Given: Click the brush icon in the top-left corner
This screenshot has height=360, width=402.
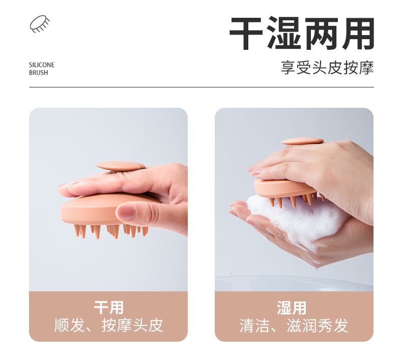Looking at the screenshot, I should click(40, 24).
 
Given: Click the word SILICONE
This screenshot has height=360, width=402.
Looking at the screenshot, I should click(41, 65).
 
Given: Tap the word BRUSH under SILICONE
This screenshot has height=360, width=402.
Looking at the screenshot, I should click(38, 73).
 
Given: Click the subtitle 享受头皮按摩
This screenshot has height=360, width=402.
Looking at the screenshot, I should click(327, 68).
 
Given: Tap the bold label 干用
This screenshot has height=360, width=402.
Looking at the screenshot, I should click(108, 308).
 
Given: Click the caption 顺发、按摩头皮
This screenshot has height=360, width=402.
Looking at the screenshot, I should click(108, 325).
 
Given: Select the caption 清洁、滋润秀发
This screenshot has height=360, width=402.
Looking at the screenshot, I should click(294, 325).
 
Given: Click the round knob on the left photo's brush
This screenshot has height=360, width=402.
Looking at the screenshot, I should click(121, 166).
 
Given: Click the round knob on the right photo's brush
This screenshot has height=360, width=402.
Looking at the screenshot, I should click(302, 141).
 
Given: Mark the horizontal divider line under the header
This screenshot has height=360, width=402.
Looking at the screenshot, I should click(201, 87).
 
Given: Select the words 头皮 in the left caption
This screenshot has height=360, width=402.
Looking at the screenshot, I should click(148, 325).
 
